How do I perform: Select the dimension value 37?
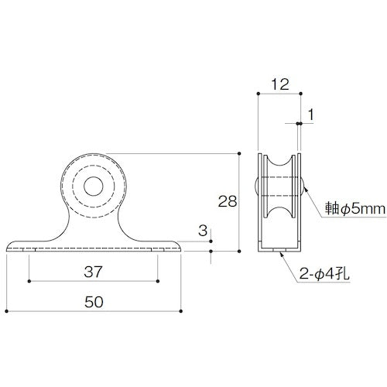(x=94, y=272)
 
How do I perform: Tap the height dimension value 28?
(x=228, y=202)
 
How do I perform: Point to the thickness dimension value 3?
(x=202, y=231)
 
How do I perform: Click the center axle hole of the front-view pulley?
(x=94, y=187)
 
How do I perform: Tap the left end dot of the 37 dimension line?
(x=29, y=281)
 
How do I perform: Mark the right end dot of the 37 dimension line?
(x=158, y=281)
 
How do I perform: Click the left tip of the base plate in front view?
(x=8, y=248)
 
